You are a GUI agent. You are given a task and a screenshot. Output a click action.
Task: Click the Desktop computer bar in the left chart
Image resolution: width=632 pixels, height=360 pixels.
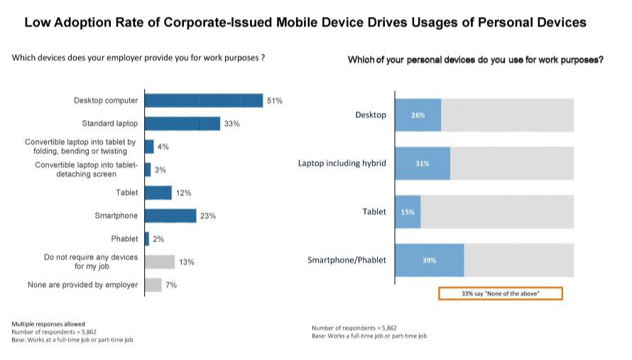pos(204,101)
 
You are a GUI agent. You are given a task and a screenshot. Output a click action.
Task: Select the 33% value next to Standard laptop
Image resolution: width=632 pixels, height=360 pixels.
pos(231,124)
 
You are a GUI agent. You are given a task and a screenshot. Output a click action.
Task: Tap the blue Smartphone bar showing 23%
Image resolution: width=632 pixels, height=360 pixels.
pos(170,216)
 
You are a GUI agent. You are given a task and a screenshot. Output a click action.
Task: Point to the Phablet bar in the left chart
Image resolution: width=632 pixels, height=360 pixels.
pos(147,239)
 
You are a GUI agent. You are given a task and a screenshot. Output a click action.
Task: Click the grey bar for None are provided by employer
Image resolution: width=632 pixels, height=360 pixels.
pos(153,285)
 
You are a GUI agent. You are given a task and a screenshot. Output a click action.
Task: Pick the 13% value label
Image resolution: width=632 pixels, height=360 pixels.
pos(187,262)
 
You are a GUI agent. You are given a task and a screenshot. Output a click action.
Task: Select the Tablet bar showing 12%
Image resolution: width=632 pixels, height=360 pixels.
pos(158,193)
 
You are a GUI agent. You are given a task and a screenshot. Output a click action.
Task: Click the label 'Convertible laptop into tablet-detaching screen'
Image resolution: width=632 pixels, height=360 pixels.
pos(86,170)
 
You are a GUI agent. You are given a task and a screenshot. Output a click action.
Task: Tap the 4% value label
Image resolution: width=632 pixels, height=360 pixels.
pos(163,147)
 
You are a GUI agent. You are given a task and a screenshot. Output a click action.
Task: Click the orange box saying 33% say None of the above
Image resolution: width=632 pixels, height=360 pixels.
pos(501,293)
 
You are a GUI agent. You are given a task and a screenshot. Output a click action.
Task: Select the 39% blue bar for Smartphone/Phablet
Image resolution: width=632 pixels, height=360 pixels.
pos(429,261)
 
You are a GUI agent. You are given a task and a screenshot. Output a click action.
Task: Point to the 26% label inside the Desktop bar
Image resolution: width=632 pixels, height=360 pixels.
pos(418,115)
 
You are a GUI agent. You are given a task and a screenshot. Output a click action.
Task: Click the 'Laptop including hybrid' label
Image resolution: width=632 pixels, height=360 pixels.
pos(342,163)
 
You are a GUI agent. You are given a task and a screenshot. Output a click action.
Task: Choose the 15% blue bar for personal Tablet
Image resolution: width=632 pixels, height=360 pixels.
pos(408,212)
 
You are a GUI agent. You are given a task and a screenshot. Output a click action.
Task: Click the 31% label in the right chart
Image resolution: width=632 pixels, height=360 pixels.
pos(422,163)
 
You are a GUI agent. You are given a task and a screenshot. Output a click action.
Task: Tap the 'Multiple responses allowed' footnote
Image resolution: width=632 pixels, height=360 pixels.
pos(48,324)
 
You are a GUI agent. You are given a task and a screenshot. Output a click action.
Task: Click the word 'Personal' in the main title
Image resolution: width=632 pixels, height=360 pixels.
pos(501,22)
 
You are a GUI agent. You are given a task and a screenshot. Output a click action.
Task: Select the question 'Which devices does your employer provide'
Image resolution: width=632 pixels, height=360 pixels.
pos(138,58)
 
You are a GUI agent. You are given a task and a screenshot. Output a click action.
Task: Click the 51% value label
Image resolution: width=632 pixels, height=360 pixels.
pos(274,101)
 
